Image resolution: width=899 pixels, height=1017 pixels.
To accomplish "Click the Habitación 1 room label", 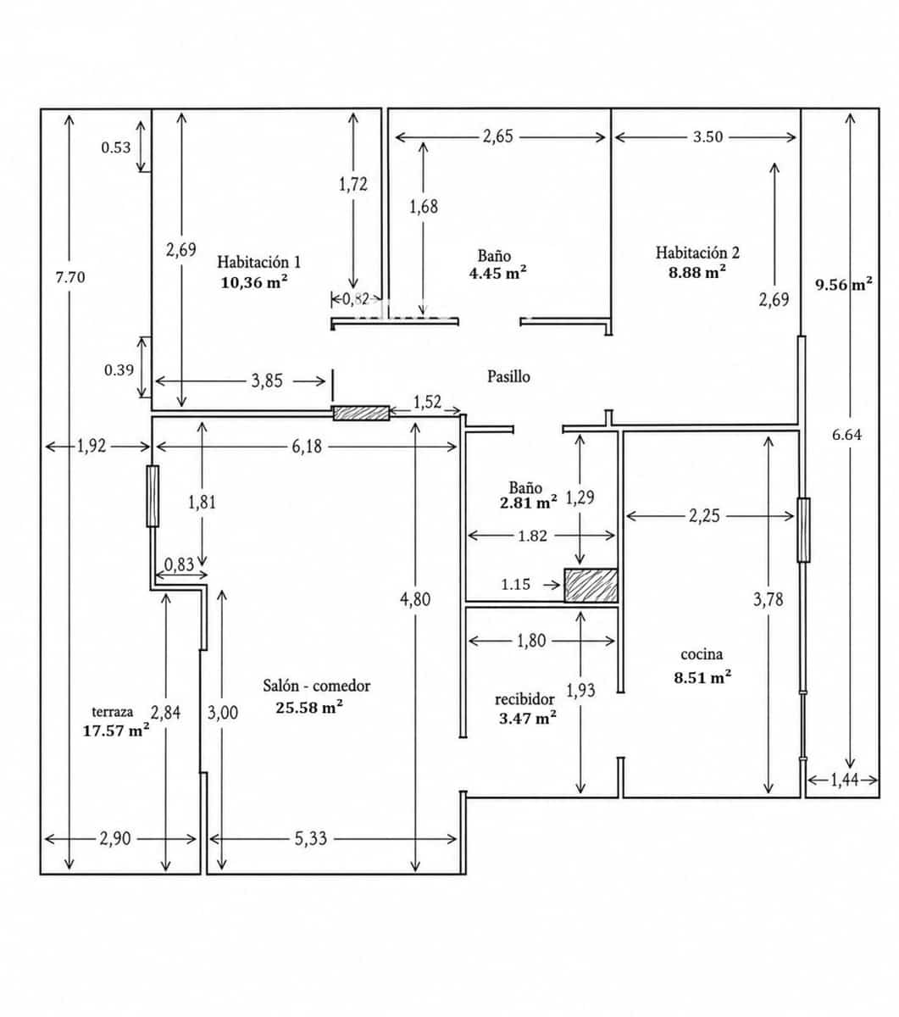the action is pyautogui.click(x=258, y=262).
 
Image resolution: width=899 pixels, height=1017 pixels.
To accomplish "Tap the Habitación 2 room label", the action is pyautogui.click(x=697, y=252).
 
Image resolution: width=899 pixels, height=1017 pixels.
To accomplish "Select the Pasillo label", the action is pyautogui.click(x=508, y=376).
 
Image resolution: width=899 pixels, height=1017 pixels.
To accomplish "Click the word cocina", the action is pyautogui.click(x=702, y=654).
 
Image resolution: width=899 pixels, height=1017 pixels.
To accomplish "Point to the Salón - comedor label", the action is pyautogui.click(x=317, y=686).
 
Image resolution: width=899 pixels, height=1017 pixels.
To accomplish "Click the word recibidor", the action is pyautogui.click(x=524, y=699).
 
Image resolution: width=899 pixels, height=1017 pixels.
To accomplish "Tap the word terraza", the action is pyautogui.click(x=113, y=712).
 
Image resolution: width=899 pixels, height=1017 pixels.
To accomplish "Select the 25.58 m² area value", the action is pyautogui.click(x=309, y=708).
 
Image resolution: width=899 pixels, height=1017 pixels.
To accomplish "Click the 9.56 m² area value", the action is pyautogui.click(x=843, y=284).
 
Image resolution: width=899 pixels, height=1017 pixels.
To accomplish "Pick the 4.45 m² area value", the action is pyautogui.click(x=497, y=273).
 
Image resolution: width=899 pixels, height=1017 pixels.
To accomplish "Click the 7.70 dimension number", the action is pyautogui.click(x=70, y=277).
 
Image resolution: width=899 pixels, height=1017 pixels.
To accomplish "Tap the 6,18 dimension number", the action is pyautogui.click(x=307, y=447).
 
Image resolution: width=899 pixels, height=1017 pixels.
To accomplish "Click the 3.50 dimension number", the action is pyautogui.click(x=708, y=136).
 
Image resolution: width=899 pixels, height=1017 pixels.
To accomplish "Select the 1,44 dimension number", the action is pyautogui.click(x=844, y=780).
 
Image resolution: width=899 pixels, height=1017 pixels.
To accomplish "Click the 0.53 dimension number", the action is pyautogui.click(x=116, y=147).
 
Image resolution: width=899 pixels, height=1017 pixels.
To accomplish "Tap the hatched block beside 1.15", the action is pyautogui.click(x=591, y=586).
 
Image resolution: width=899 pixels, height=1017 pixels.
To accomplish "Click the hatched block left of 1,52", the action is pyautogui.click(x=362, y=413).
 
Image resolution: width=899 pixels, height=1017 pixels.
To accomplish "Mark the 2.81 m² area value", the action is pyautogui.click(x=529, y=503).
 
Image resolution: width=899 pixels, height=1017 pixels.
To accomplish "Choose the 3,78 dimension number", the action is pyautogui.click(x=768, y=599).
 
